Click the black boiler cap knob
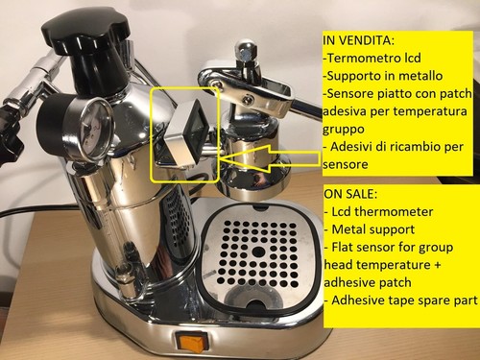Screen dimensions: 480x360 (86, 33)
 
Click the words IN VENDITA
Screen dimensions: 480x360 (358, 40)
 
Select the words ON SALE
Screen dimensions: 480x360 (350, 194)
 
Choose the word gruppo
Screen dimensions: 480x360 (344, 130)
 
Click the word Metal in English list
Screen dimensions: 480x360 (348, 229)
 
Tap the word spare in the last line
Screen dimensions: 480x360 (431, 301)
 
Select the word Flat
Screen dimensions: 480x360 (343, 247)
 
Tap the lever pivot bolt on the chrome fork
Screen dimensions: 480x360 (247, 100)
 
